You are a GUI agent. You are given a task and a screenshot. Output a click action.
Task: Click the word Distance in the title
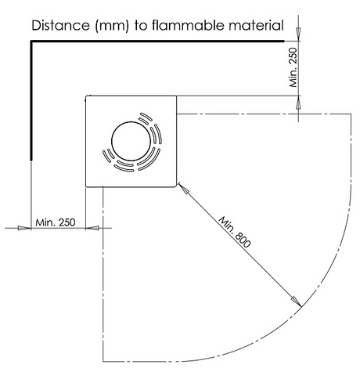point(60,26)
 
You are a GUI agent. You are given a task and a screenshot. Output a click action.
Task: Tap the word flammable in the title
point(187,26)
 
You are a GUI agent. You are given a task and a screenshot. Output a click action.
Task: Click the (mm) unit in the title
point(112,26)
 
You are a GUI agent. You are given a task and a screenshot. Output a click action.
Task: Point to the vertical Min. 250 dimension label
point(293,67)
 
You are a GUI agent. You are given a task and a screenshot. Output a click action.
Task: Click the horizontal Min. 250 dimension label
point(56,222)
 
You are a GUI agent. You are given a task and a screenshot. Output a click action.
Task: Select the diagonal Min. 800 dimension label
point(235,232)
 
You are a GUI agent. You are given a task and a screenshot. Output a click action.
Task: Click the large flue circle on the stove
point(131,141)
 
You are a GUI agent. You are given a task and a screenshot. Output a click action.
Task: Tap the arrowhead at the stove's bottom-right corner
point(183,189)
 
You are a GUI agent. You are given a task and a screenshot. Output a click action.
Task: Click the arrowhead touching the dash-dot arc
point(297,301)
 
